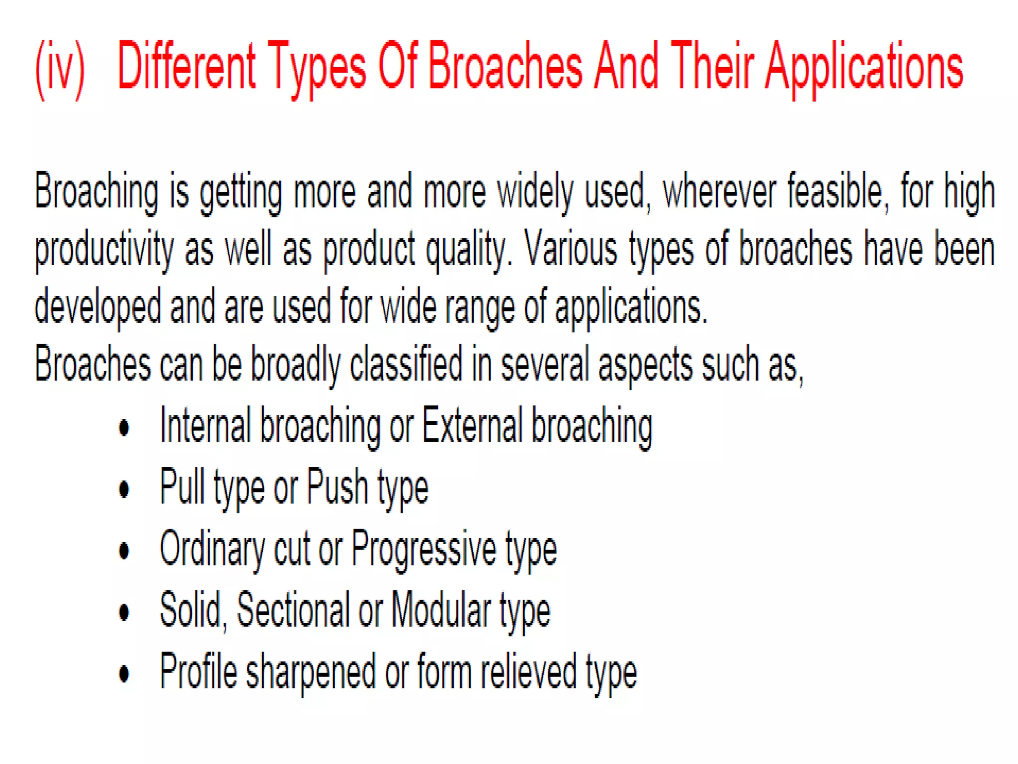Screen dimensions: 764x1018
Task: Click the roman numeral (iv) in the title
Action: pyautogui.click(x=60, y=70)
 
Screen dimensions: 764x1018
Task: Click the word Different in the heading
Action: pyautogui.click(x=186, y=67)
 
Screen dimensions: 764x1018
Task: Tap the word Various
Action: pyautogui.click(x=571, y=249)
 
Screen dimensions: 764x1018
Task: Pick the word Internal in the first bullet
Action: pyautogui.click(x=205, y=425)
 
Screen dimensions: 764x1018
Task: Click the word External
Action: pyautogui.click(x=472, y=425)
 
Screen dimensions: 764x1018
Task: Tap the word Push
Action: pyautogui.click(x=337, y=487)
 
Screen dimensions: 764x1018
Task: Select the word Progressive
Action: pyautogui.click(x=424, y=550)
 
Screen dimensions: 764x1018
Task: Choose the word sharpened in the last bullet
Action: pyautogui.click(x=311, y=671)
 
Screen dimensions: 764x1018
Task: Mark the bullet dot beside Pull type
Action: pyautogui.click(x=124, y=489)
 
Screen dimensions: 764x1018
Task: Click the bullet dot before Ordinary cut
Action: pyautogui.click(x=124, y=551)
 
